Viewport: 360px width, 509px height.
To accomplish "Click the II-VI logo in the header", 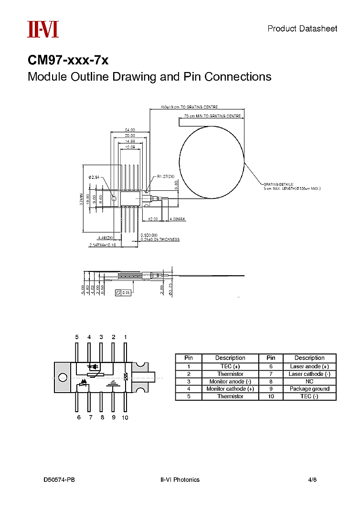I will [x=42, y=29].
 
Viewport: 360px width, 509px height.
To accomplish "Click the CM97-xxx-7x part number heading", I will [x=68, y=61].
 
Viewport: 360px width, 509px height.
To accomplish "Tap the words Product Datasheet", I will [x=302, y=29].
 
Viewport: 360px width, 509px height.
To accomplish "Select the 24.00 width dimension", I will [x=130, y=130].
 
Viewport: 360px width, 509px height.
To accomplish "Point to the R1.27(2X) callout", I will [x=165, y=177].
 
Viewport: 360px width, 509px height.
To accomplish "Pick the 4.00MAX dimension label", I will [x=177, y=218].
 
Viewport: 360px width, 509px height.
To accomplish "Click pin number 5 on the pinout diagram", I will [x=77, y=337].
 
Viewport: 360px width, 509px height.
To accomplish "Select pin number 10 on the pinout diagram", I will [x=125, y=417].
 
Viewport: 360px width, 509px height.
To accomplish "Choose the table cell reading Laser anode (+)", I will [x=309, y=366].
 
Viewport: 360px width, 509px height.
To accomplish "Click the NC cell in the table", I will [x=309, y=382].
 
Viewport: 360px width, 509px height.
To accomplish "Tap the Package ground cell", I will [x=309, y=389].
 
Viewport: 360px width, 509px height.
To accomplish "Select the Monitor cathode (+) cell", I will [x=230, y=389].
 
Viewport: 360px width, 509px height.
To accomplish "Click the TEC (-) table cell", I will [x=309, y=396].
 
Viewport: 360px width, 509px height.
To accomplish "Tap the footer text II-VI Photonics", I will [x=180, y=479].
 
